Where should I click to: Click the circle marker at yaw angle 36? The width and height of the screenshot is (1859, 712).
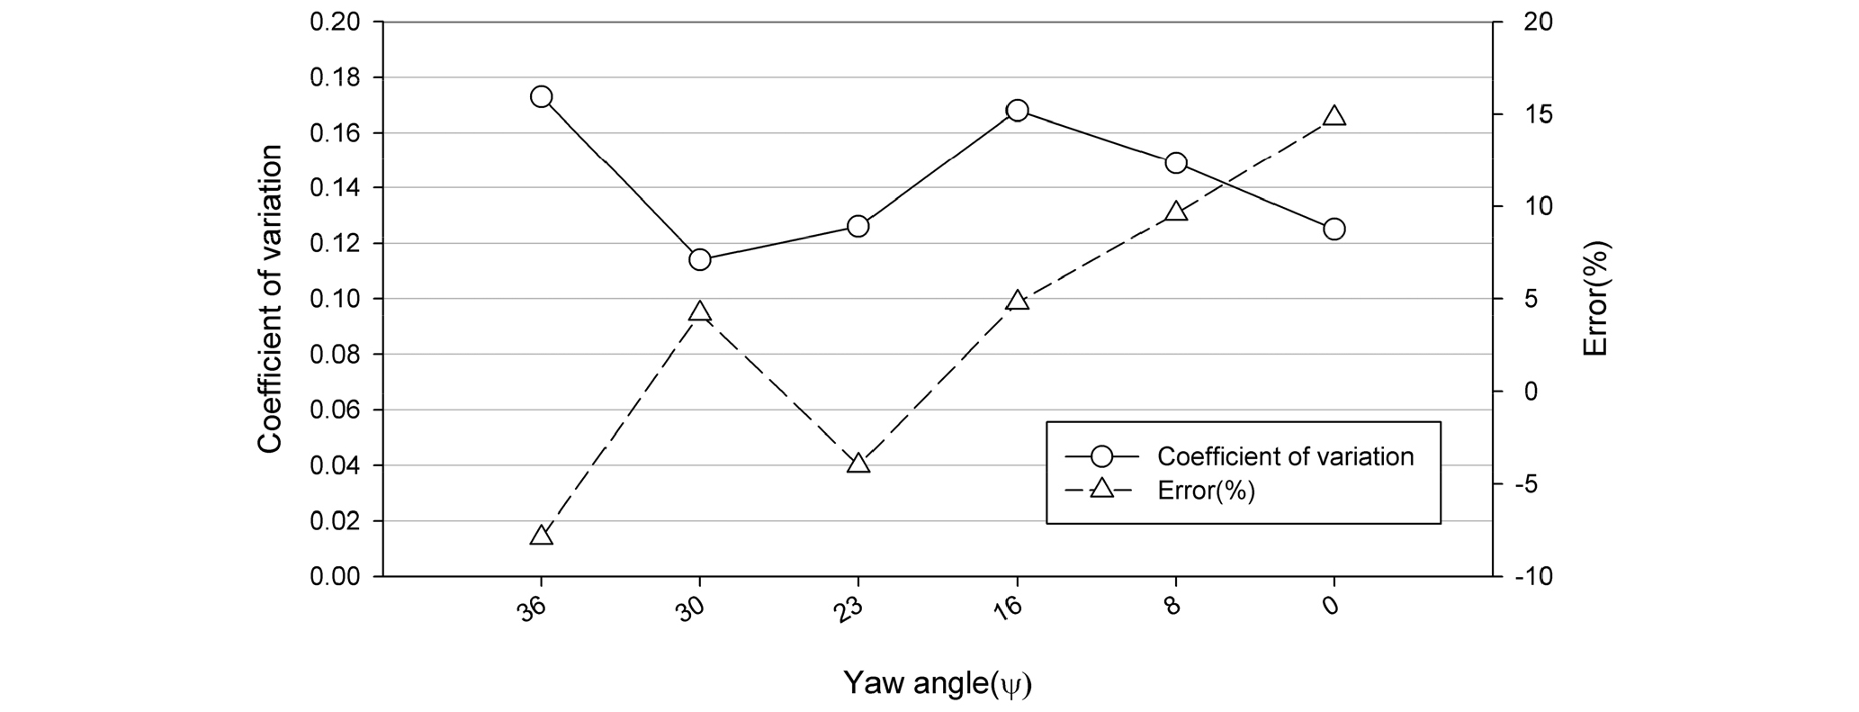(541, 96)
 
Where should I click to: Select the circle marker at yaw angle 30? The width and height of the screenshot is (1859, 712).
(699, 260)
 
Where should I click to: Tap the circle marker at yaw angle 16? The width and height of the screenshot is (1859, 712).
(1017, 111)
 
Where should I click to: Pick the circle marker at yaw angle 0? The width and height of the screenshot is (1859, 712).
(1334, 229)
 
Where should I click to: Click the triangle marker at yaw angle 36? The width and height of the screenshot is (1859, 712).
(541, 536)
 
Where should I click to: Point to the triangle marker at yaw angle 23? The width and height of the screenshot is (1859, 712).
(858, 464)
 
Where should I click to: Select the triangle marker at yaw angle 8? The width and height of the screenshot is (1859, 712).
(1175, 212)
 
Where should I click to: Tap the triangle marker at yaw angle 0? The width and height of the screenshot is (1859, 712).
(1334, 117)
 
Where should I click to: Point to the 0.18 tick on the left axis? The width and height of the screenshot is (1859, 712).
(334, 77)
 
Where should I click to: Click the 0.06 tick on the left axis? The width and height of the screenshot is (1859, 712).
(334, 410)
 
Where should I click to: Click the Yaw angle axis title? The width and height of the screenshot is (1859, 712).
(937, 683)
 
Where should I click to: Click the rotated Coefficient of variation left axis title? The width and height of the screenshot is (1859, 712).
(270, 299)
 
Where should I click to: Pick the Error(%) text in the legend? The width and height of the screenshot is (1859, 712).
(1206, 491)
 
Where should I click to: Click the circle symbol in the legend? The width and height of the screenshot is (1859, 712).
(1101, 456)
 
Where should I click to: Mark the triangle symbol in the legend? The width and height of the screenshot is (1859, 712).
(1101, 491)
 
